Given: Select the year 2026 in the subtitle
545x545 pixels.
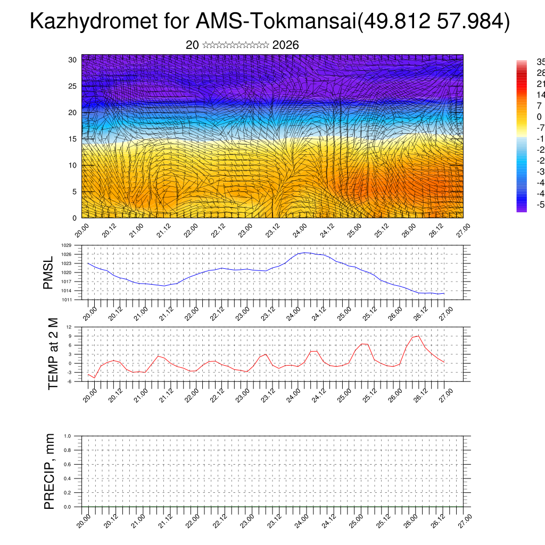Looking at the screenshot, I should tap(285, 45).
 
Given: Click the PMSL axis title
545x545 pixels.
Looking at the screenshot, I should tap(49, 272).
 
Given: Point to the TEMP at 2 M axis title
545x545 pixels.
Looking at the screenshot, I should tap(53, 354).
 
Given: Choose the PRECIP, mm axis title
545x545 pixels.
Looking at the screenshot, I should tap(49, 471).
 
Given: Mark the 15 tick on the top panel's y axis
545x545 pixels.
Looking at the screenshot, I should tap(72, 139).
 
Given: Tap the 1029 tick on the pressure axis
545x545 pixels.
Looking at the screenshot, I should tap(66, 245).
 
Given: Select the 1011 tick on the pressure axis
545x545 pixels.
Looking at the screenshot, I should tap(66, 300).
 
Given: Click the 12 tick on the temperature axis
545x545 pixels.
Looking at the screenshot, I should tap(69, 327).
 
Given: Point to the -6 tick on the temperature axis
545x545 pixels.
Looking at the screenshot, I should tap(69, 381).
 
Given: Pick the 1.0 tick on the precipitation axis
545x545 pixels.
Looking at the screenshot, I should tap(67, 436).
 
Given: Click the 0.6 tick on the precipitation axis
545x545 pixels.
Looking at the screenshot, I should tap(67, 465).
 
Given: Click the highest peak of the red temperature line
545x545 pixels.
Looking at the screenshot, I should tap(418, 335).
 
